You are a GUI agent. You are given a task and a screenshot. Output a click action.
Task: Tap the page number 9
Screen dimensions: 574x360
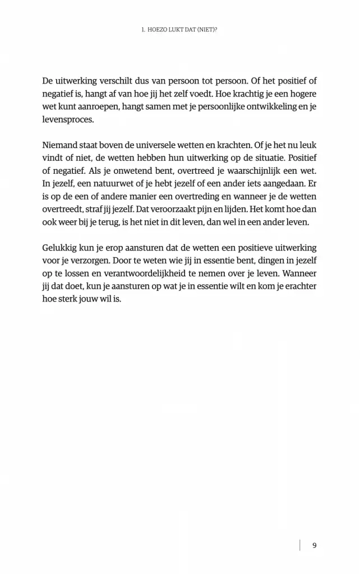pyautogui.click(x=314, y=545)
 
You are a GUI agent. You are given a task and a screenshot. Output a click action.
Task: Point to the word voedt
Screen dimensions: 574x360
pyautogui.click(x=199, y=94)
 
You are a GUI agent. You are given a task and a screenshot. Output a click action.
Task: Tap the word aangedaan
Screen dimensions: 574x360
pyautogui.click(x=286, y=186)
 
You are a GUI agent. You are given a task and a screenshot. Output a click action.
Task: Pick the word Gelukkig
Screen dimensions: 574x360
pyautogui.click(x=60, y=247)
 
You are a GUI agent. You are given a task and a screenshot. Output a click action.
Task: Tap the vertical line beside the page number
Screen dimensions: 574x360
pyautogui.click(x=300, y=545)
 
